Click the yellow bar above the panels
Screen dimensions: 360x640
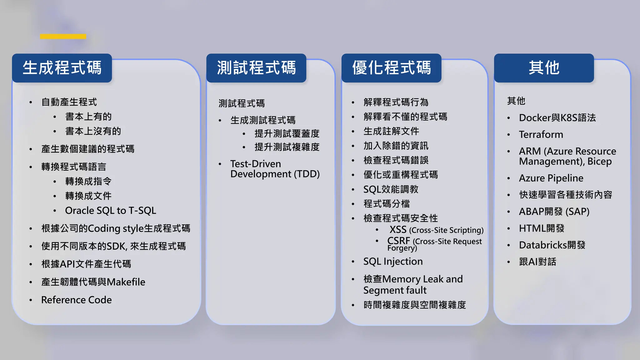(63, 37)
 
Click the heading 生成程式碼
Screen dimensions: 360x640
(62, 68)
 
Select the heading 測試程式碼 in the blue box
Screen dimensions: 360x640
(256, 68)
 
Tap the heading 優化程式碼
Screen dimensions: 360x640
(391, 68)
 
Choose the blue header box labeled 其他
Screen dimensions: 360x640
(544, 68)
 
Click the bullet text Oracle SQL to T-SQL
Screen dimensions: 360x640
(110, 211)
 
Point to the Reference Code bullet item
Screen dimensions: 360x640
(76, 300)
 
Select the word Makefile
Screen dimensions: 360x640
(126, 282)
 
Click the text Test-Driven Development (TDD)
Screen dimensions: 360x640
(274, 169)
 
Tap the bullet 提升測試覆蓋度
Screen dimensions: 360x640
(287, 134)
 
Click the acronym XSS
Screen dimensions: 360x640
(398, 230)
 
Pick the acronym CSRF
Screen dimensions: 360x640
(398, 241)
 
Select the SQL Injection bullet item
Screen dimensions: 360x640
(393, 262)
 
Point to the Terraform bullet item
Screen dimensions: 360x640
(541, 135)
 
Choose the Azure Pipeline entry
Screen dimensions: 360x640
(551, 178)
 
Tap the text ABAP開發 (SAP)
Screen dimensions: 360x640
(554, 212)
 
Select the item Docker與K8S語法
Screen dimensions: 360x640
(557, 118)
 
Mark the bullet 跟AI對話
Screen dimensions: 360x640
(537, 262)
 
